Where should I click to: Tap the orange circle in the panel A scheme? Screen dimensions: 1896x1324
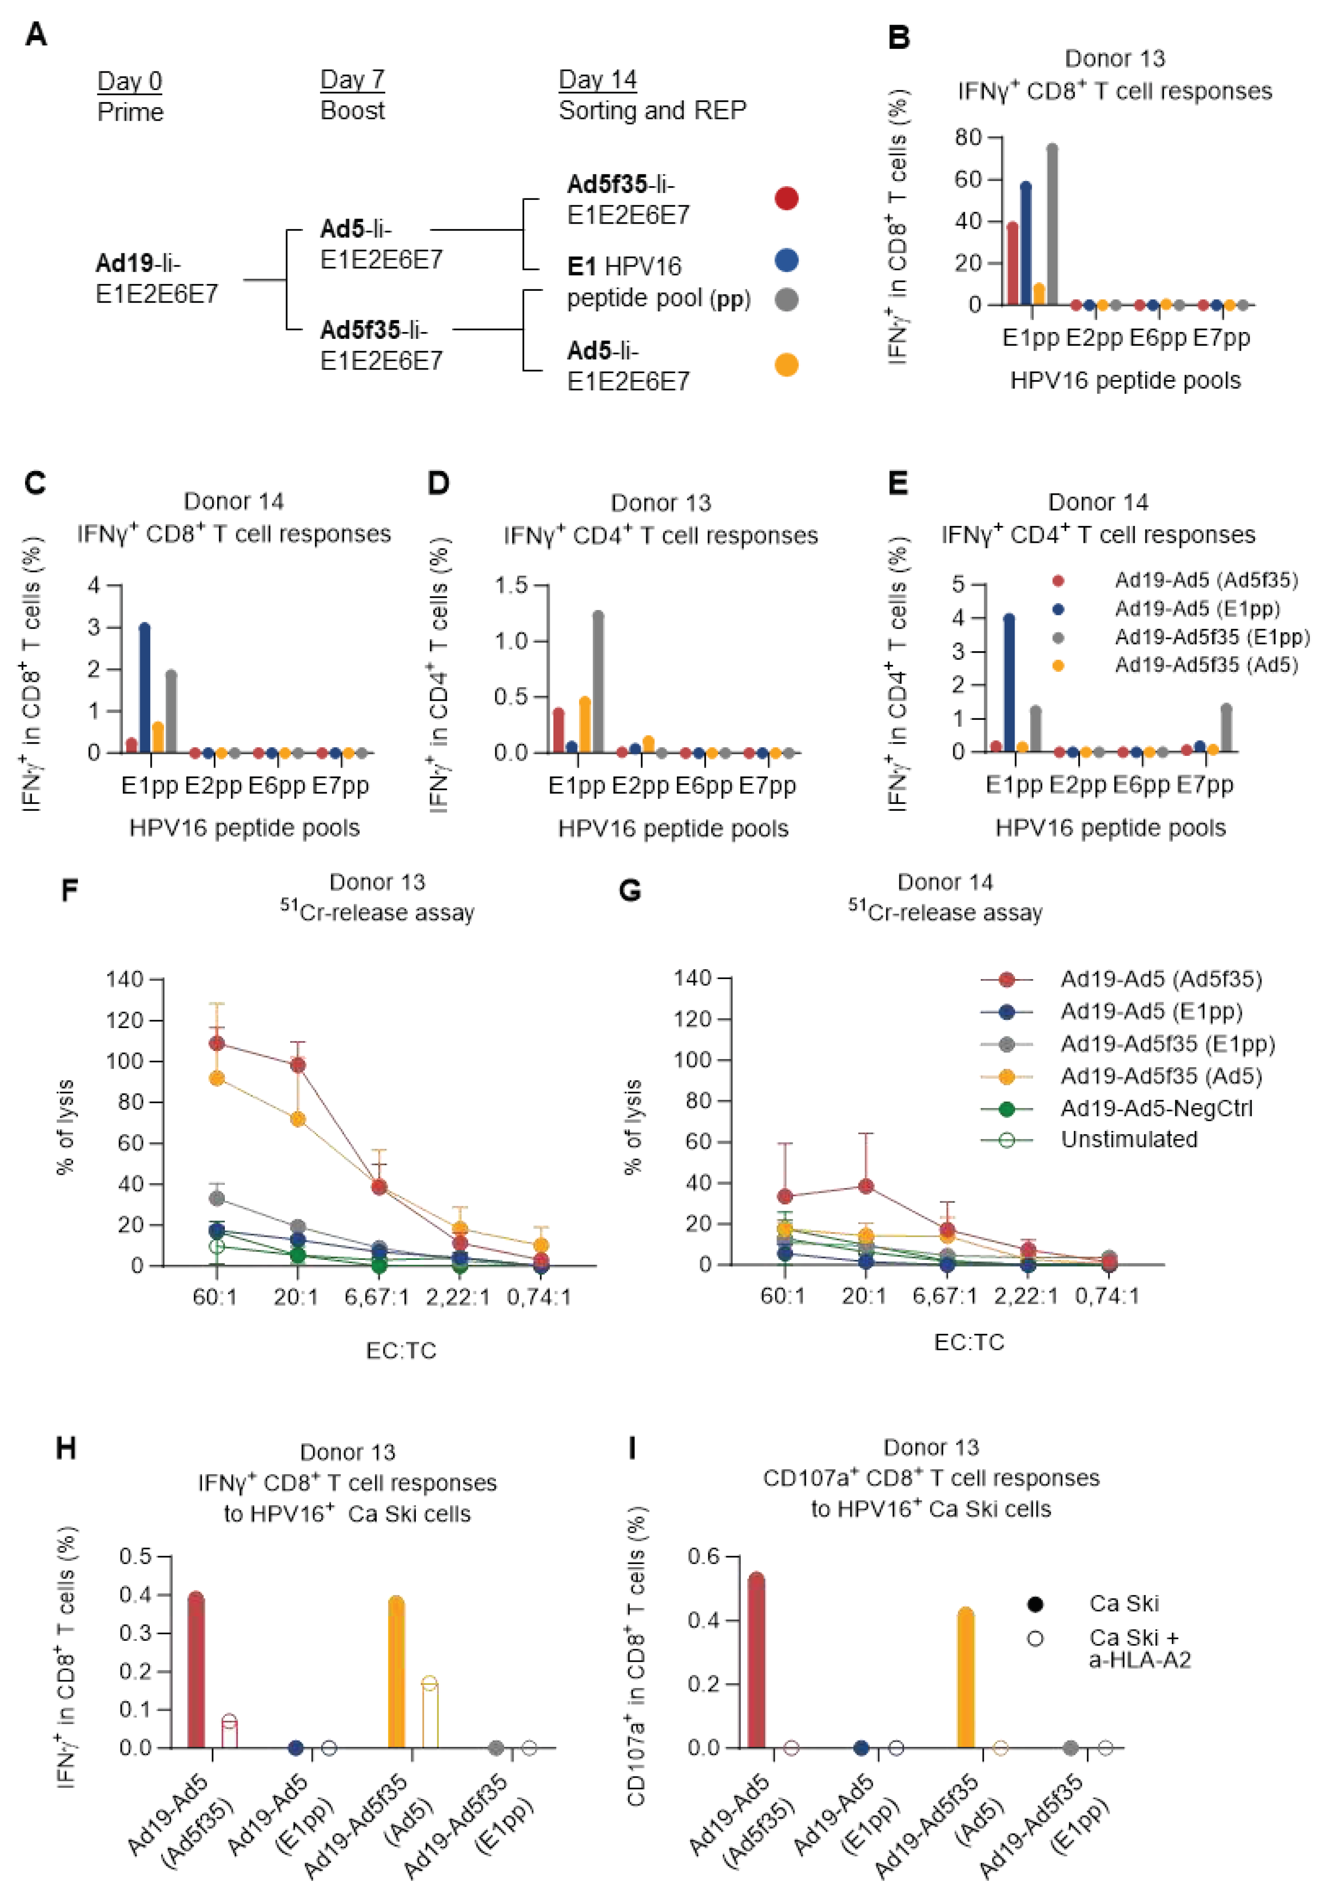tap(786, 364)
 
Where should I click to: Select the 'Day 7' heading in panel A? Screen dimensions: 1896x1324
tap(352, 80)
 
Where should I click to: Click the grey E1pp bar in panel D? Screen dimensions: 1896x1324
tap(598, 682)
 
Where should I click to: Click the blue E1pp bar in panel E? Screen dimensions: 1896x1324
tap(1009, 683)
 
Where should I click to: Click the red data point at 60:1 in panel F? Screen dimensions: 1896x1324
tap(216, 1043)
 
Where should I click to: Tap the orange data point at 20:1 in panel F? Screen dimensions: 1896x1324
tap(297, 1119)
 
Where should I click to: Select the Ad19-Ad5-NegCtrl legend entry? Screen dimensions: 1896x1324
tap(1156, 1108)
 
